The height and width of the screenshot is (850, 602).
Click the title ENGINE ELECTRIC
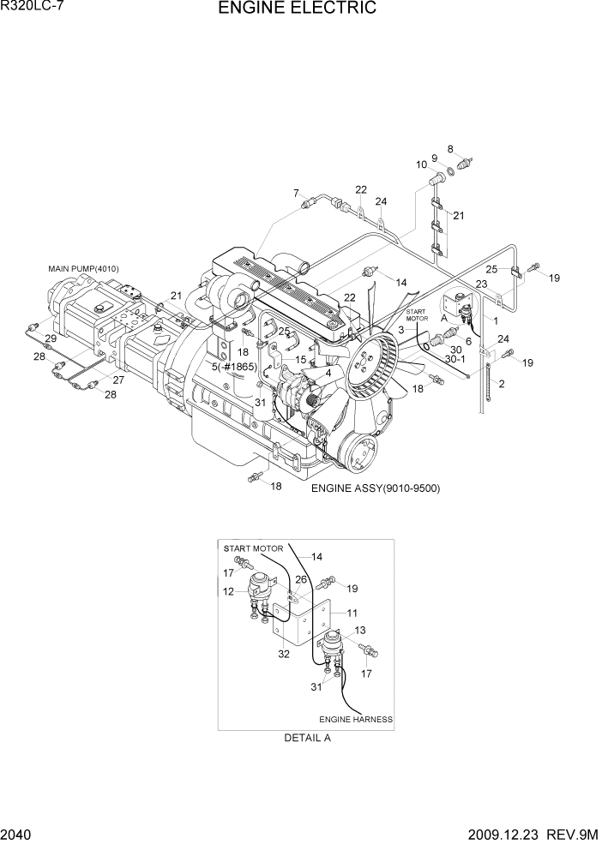pos(297,9)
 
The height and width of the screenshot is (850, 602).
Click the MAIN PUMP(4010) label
pos(83,269)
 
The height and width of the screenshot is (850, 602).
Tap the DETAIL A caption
pos(306,737)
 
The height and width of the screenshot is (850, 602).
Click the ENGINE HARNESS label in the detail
pos(356,719)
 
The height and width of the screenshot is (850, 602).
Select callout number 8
pos(450,148)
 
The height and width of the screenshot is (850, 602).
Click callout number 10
pos(422,165)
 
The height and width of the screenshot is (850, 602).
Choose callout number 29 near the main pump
pos(51,339)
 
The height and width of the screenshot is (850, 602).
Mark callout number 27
pos(118,380)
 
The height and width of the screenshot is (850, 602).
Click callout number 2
pos(502,384)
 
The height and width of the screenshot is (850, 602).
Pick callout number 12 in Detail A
pos(229,591)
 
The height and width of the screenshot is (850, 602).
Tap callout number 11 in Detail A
pos(351,614)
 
